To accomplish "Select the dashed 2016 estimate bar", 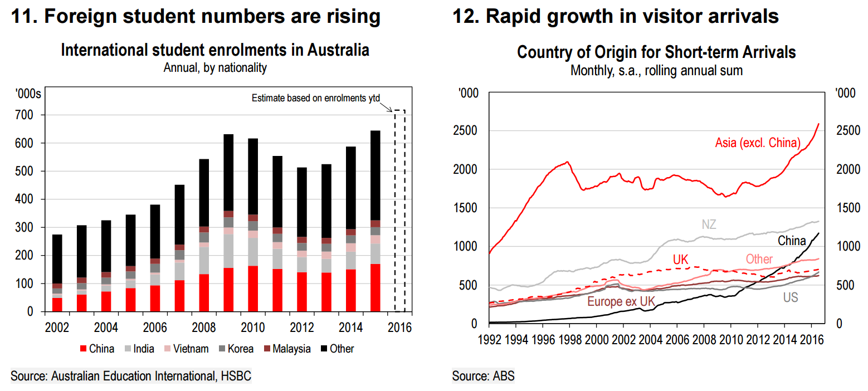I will (x=399, y=212).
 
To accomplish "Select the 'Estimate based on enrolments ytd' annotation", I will (x=315, y=98).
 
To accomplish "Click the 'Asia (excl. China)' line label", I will (x=757, y=143).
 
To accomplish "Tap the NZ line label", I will (x=709, y=224).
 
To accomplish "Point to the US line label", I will (x=790, y=297).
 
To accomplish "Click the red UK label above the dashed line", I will (x=681, y=260).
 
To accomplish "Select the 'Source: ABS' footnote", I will (x=483, y=377).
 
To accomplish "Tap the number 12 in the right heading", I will (x=465, y=16).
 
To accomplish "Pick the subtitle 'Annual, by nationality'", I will (x=215, y=69).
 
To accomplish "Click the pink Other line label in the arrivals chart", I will (x=759, y=260).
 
